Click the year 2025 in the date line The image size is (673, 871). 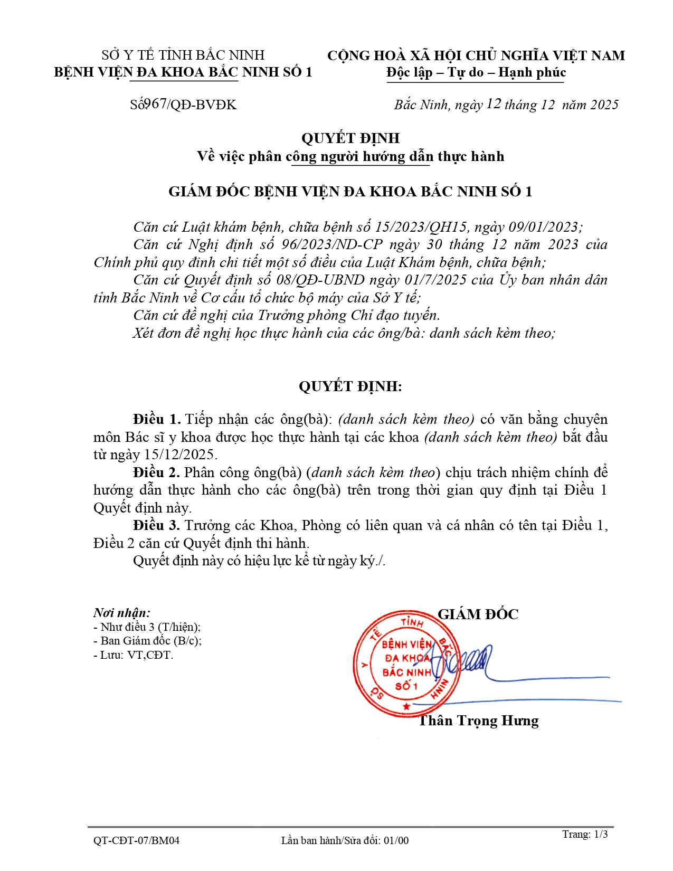[604, 105]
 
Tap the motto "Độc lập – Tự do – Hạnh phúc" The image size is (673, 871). [476, 72]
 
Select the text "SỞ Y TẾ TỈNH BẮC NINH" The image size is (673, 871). [183, 55]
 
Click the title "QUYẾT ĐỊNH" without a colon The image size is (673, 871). [350, 138]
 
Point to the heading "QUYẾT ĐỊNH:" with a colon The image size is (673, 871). [350, 386]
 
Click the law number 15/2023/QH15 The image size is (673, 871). [421, 227]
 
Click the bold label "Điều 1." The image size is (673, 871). [157, 420]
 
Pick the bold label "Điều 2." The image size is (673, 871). [157, 472]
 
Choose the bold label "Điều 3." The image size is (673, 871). [157, 525]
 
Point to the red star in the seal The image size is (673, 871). [406, 706]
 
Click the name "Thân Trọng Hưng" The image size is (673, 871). [478, 721]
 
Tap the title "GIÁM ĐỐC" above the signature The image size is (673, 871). [478, 614]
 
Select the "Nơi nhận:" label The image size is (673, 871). [122, 613]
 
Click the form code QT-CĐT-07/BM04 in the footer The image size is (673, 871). [136, 840]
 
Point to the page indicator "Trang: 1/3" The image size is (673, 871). [584, 834]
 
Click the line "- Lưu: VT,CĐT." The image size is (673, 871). [133, 655]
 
